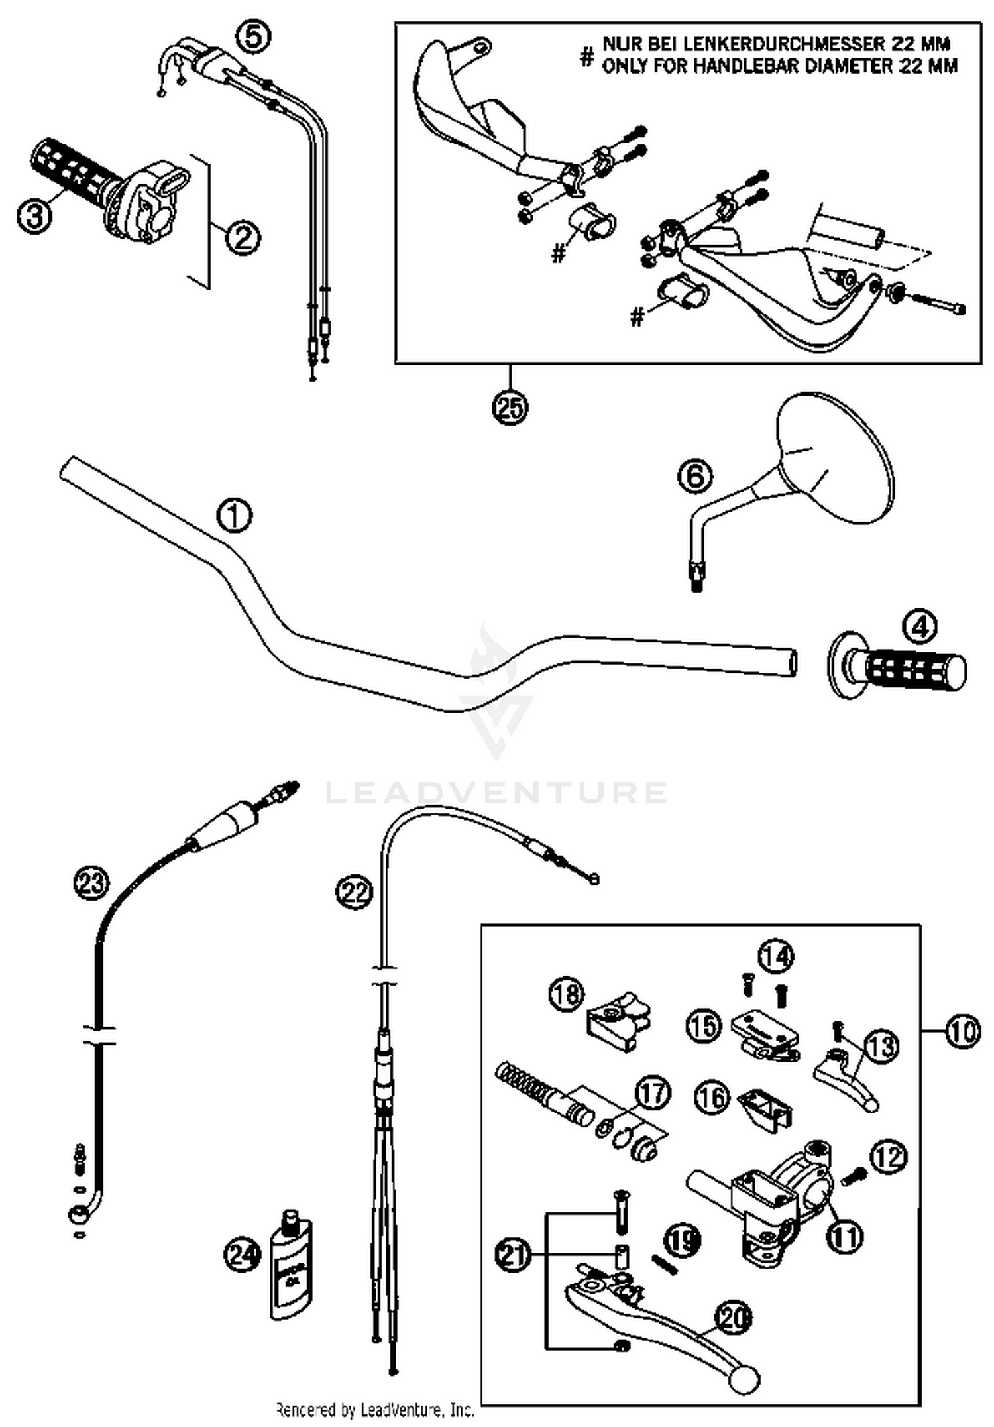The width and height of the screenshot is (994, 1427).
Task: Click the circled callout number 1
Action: click(x=235, y=516)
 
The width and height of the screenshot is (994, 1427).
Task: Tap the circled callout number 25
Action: click(x=510, y=406)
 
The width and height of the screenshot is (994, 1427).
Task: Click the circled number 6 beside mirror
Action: click(x=695, y=476)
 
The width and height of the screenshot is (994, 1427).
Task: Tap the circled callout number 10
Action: click(x=962, y=1031)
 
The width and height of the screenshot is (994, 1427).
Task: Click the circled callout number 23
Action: click(x=91, y=882)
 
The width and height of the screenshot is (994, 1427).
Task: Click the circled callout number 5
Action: click(x=253, y=37)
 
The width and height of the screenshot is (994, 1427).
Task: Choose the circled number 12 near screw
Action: click(x=889, y=1157)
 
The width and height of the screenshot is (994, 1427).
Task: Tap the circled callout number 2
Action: click(x=243, y=237)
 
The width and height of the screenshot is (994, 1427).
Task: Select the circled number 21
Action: click(x=514, y=1255)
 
